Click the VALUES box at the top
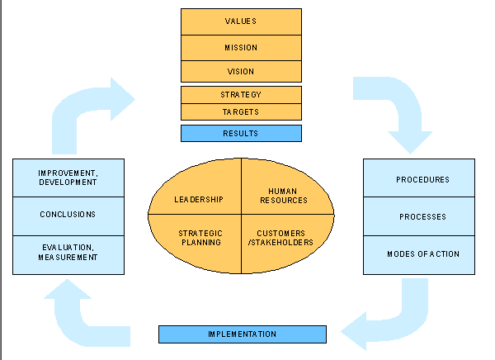pos(241,21)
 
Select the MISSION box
pos(241,48)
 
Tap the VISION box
pos(241,72)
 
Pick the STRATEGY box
pos(241,95)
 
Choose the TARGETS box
pos(241,111)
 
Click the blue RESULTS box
pos(241,133)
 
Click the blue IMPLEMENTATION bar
pos(243,334)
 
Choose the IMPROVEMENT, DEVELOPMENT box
pos(68,177)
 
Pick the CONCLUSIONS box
pos(68,215)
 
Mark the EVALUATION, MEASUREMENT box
pos(68,253)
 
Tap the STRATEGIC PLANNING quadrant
pos(200,239)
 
